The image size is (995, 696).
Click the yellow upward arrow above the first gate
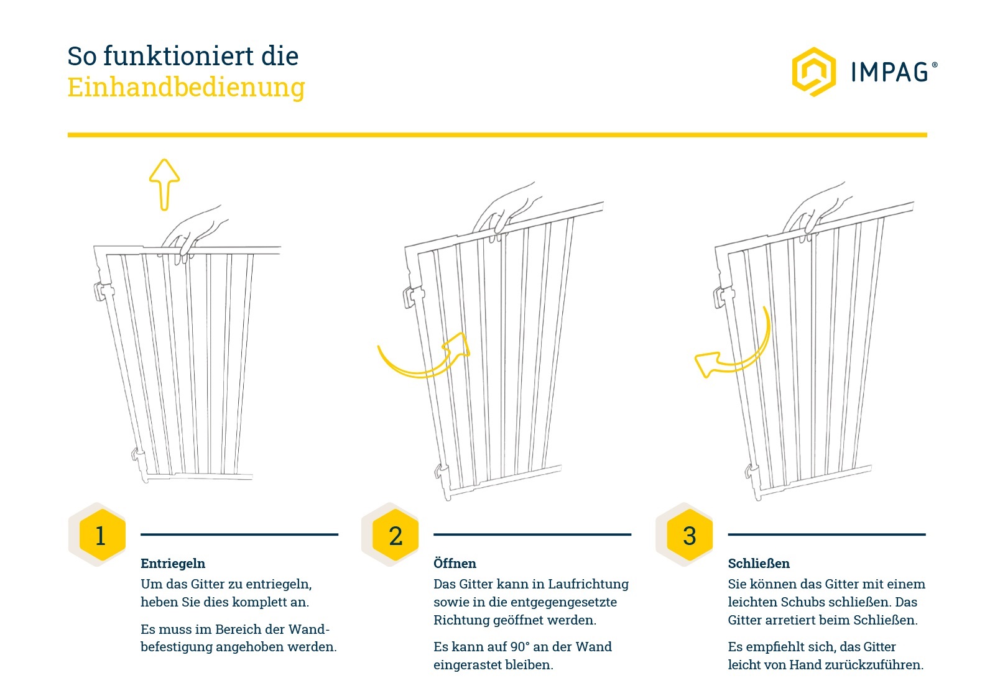pyautogui.click(x=165, y=183)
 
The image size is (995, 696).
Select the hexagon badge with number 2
pyautogui.click(x=395, y=535)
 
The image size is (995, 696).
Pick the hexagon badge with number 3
pyautogui.click(x=689, y=535)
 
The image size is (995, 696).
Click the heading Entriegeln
pyautogui.click(x=173, y=564)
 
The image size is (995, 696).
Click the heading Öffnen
pyautogui.click(x=455, y=564)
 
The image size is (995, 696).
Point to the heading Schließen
pyautogui.click(x=759, y=564)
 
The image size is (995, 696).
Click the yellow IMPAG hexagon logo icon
pyautogui.click(x=813, y=71)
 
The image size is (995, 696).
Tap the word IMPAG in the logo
pyautogui.click(x=891, y=72)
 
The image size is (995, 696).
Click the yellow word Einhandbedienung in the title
pyautogui.click(x=186, y=88)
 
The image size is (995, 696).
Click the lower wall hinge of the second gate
pyautogui.click(x=442, y=472)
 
